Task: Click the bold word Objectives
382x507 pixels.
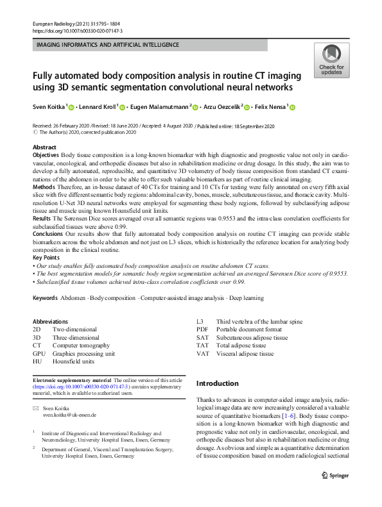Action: tap(45, 156)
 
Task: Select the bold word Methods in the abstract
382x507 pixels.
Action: tap(42, 199)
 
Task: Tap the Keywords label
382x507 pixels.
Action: tap(45, 299)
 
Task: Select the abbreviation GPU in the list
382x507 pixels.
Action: tap(39, 353)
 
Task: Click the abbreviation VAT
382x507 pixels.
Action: tap(203, 353)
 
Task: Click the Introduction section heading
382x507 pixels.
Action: tap(217, 383)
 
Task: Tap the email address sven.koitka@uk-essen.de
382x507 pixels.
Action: tap(69, 415)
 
